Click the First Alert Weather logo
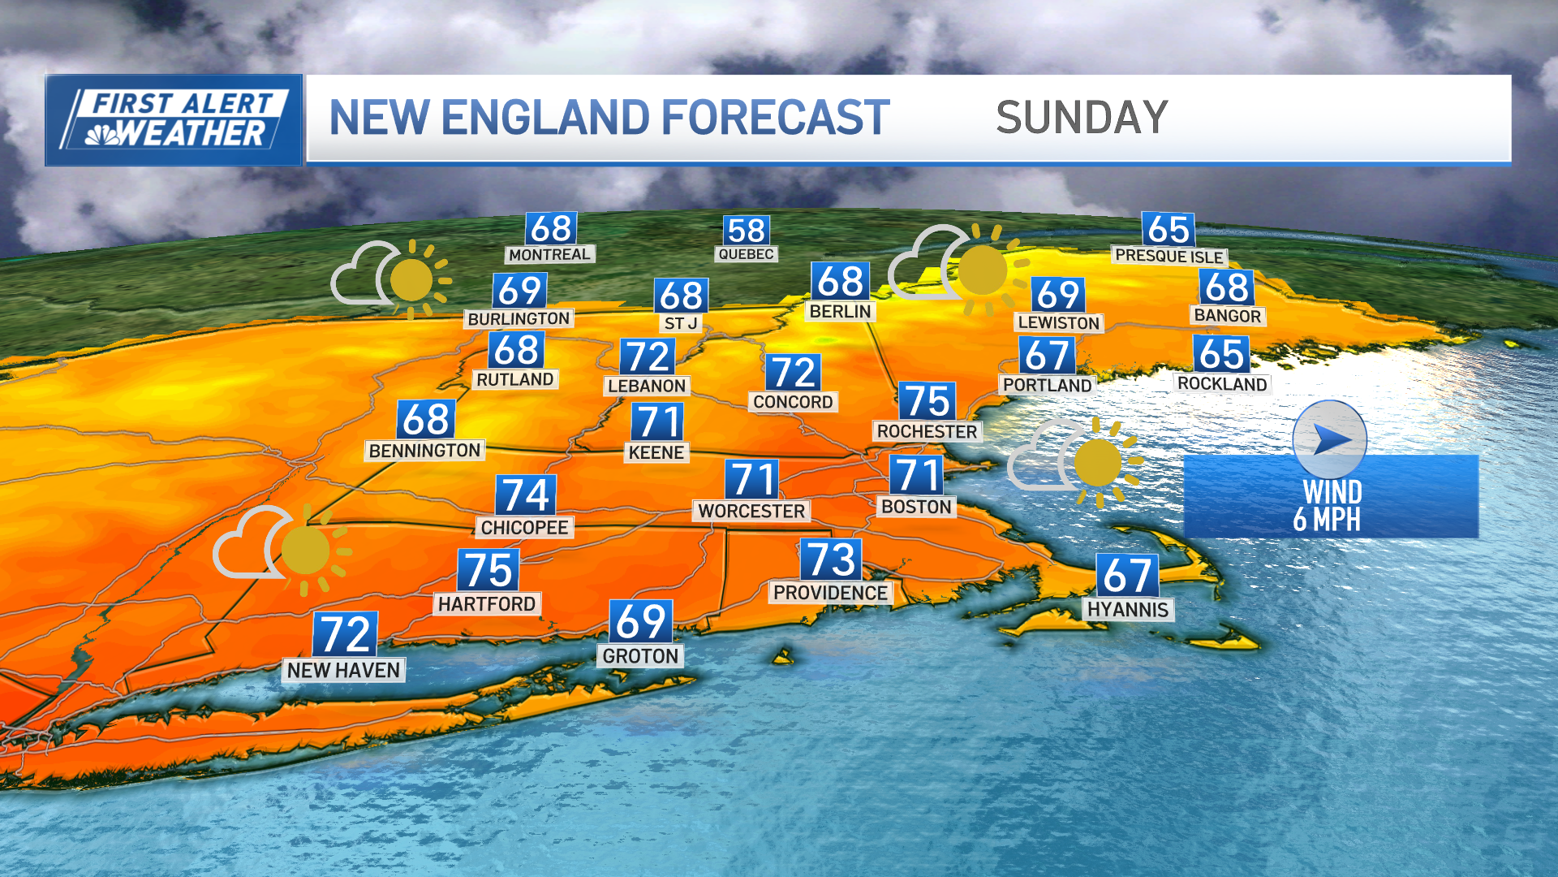(x=174, y=120)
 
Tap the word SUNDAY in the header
(x=1082, y=118)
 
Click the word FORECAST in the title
(x=776, y=118)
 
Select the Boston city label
(x=916, y=507)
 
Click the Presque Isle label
(x=1168, y=256)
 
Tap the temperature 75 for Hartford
(x=488, y=570)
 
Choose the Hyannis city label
(x=1128, y=610)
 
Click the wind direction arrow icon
(x=1330, y=440)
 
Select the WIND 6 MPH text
(x=1331, y=505)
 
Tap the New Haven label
(x=343, y=670)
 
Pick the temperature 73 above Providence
(x=831, y=559)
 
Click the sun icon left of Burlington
(x=412, y=280)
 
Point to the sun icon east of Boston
(x=1098, y=463)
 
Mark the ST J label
(x=681, y=323)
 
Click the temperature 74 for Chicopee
(x=526, y=495)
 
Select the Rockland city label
(x=1222, y=383)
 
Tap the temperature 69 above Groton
(x=641, y=622)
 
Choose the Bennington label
(x=424, y=450)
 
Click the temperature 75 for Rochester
(x=927, y=401)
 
